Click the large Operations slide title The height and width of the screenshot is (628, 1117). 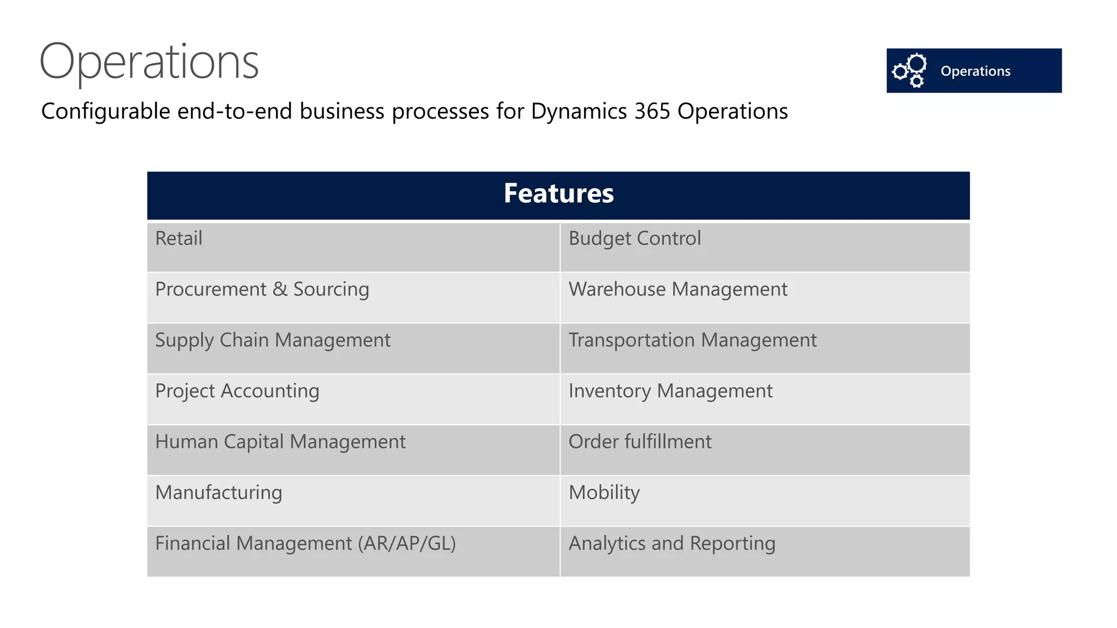[149, 61]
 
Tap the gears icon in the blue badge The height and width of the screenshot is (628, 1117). [909, 70]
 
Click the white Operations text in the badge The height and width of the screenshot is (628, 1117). [975, 71]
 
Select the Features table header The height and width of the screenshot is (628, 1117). [558, 194]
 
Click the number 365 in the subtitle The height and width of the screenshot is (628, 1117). [652, 111]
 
